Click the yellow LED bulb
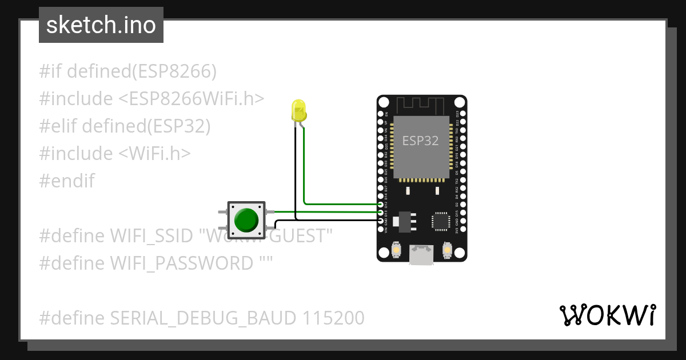pos(298,111)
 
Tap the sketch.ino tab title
pos(101,26)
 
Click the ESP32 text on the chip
pos(421,141)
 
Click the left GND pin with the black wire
pos(381,220)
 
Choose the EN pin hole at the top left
pos(381,114)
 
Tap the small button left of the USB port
pos(395,250)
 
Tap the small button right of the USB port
pos(448,250)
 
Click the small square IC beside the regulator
pos(441,221)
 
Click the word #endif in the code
pos(67,181)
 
